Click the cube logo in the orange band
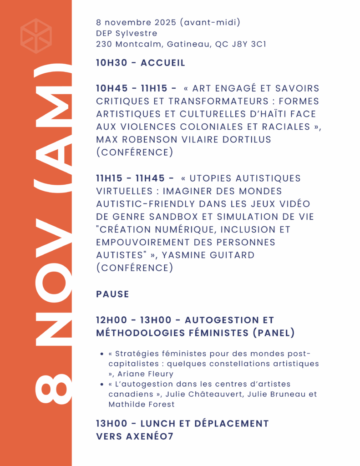tap(36, 36)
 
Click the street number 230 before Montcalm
tap(104, 45)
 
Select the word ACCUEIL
tap(163, 63)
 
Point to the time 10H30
tap(111, 63)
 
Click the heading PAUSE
tap(112, 294)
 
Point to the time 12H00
tap(112, 320)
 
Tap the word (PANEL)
tap(274, 333)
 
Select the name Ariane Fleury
tap(146, 374)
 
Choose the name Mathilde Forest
tap(141, 404)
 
